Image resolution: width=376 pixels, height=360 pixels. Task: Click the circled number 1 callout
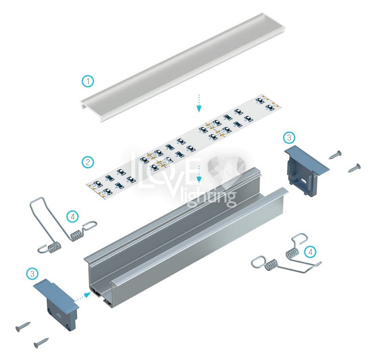point(88,81)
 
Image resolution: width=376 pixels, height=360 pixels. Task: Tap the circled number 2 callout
point(88,162)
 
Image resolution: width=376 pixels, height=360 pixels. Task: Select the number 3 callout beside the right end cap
point(289,137)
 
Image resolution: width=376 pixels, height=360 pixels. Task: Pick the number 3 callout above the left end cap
point(32,274)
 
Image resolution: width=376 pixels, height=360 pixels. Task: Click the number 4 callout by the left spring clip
point(73,217)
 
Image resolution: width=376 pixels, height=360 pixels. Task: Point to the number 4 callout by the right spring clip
point(310,252)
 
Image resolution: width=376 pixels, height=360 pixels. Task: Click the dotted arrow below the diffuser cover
point(199,103)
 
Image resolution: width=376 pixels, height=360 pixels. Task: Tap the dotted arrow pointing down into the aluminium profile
point(199,174)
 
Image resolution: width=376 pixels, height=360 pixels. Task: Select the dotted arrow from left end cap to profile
point(83,297)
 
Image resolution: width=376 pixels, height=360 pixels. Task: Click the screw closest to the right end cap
point(335,154)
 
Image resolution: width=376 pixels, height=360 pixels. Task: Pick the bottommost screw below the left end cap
point(41,342)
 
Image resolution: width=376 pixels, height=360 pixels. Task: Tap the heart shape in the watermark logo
point(227,165)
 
